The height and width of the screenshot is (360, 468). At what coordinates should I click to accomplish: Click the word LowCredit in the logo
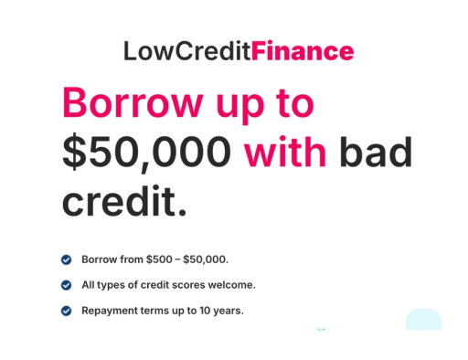(x=186, y=51)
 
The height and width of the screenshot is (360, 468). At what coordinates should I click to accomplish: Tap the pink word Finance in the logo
(x=303, y=51)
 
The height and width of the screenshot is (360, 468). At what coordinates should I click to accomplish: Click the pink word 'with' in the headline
(x=284, y=151)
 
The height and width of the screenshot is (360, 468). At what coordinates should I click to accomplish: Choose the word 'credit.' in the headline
(x=124, y=199)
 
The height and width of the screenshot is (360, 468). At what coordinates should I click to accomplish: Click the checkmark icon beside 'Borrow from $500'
(x=66, y=259)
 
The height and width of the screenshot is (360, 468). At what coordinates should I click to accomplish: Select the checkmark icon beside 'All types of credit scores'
(x=66, y=285)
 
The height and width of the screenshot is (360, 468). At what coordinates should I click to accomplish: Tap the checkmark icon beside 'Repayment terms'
(x=66, y=311)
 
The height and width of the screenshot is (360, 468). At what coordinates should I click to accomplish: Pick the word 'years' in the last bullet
(x=229, y=311)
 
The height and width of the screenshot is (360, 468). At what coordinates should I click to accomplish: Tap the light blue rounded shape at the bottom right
(x=423, y=320)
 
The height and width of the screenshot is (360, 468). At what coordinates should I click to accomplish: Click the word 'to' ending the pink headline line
(x=295, y=102)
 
